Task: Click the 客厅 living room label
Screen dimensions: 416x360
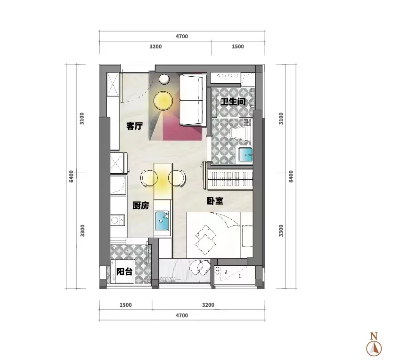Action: (135, 126)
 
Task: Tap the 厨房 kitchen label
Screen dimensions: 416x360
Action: (140, 206)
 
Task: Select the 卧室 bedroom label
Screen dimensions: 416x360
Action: (215, 201)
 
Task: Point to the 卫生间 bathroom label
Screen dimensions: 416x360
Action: (233, 102)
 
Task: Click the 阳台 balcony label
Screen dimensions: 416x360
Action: (124, 272)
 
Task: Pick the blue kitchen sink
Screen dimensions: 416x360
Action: (162, 221)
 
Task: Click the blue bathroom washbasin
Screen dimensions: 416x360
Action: (245, 155)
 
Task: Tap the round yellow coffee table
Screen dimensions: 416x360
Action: (163, 101)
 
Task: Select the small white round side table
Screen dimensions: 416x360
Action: (164, 79)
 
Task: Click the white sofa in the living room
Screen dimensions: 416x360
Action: (192, 100)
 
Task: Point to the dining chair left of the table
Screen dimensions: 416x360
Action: (148, 178)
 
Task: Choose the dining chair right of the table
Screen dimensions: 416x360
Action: (177, 178)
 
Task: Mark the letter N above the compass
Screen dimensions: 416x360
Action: (374, 336)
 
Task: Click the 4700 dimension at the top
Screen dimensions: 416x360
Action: (182, 36)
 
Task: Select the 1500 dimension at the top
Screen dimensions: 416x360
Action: (238, 47)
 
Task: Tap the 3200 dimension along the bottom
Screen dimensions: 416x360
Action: (208, 305)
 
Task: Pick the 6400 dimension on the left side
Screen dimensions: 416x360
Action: (71, 176)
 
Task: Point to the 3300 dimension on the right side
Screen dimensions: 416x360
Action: (281, 231)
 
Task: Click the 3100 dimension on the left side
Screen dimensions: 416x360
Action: (82, 119)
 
